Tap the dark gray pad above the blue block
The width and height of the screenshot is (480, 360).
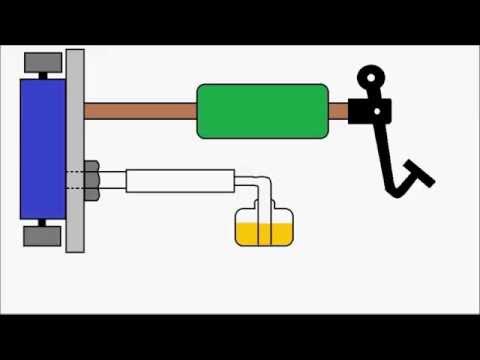(x=41, y=61)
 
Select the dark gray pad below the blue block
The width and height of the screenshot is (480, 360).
(x=41, y=236)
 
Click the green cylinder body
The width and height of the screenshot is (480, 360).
(x=262, y=110)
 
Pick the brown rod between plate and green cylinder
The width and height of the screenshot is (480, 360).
(x=140, y=110)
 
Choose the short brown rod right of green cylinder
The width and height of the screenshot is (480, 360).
(x=338, y=111)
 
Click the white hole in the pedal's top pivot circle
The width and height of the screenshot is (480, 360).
(x=372, y=76)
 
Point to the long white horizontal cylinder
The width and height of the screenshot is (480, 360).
(x=180, y=181)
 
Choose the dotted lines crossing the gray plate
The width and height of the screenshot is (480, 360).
(x=75, y=181)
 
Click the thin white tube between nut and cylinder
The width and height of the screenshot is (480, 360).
(x=112, y=181)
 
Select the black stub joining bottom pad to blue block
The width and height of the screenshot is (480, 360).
(x=41, y=223)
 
